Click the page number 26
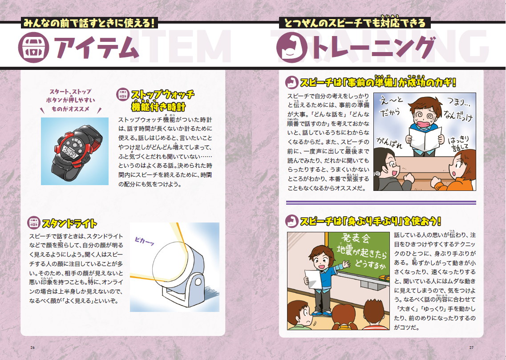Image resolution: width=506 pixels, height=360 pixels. (32, 348)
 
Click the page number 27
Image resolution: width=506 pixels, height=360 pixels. (471, 348)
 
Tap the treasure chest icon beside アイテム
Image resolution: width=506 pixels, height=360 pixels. (33, 48)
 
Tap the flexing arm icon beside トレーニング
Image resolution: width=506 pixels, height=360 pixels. (292, 48)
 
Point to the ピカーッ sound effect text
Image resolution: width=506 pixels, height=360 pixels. (144, 241)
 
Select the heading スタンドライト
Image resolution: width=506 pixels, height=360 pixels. (69, 223)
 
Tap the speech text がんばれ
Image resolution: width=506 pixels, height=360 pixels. (389, 142)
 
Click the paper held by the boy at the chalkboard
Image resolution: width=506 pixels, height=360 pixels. (313, 279)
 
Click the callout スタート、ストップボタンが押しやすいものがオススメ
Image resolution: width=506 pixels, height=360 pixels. (71, 100)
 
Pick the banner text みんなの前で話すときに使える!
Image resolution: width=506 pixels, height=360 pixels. (90, 23)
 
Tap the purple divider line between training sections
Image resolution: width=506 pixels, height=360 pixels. (381, 202)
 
